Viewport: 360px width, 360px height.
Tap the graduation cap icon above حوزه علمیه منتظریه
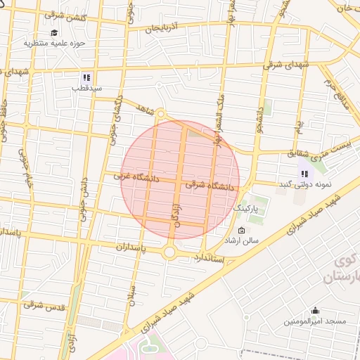tap(54, 33)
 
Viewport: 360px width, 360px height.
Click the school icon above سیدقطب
tap(86, 78)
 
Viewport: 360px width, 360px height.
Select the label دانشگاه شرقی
tap(210, 186)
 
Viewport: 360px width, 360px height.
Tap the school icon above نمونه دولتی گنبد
tap(304, 174)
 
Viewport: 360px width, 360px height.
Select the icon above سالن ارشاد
tap(242, 231)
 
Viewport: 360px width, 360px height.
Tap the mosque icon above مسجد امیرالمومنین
tap(315, 310)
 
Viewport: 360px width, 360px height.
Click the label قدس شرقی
tap(44, 305)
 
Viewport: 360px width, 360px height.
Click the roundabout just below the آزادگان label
tap(169, 252)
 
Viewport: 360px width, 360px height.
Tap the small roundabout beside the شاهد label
tap(160, 113)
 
